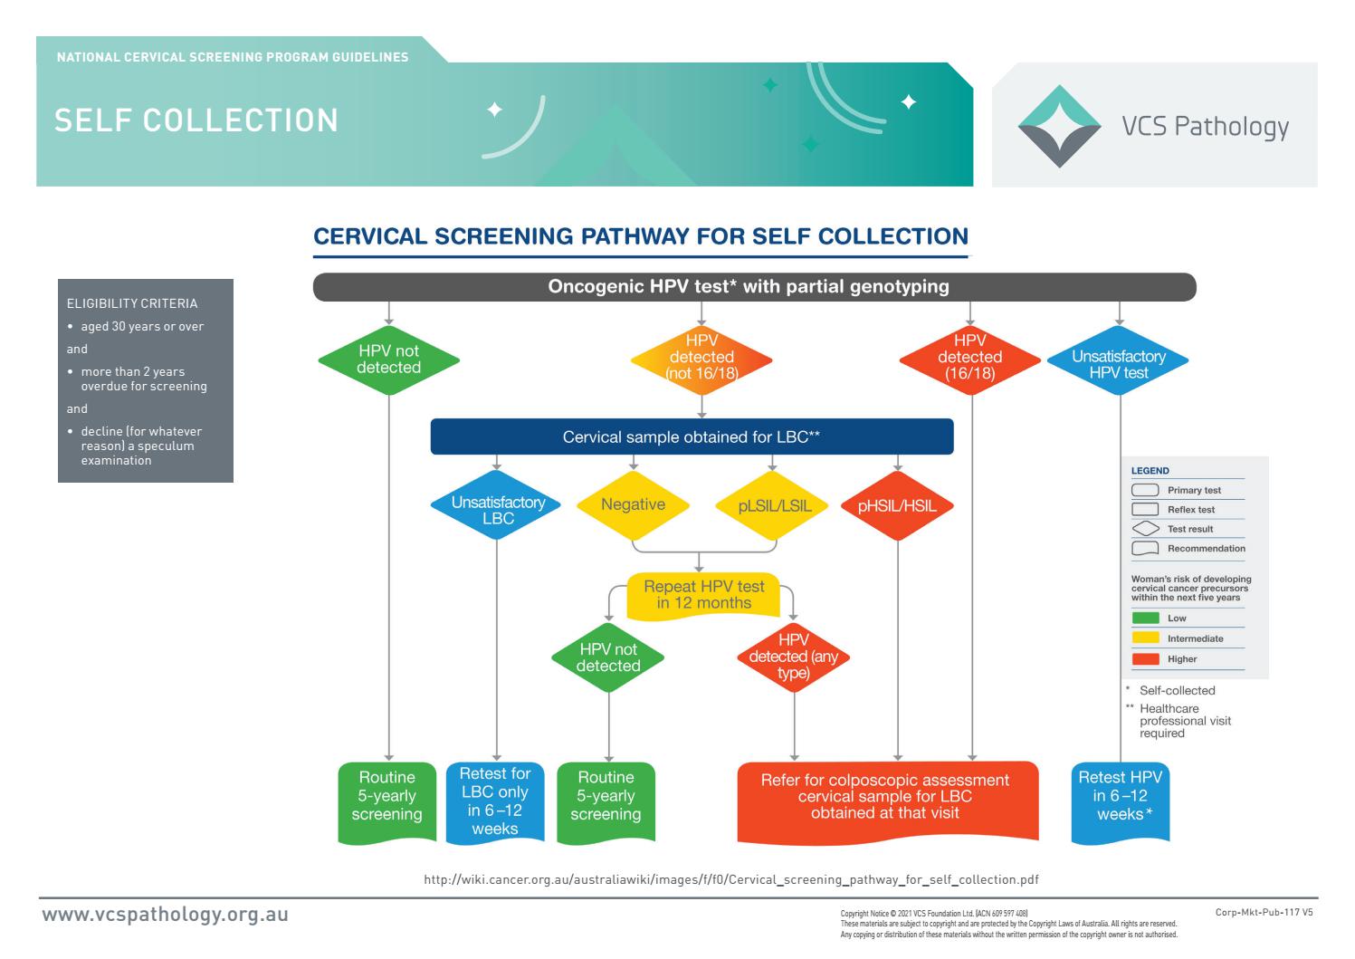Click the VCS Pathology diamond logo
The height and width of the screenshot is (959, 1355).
click(1060, 126)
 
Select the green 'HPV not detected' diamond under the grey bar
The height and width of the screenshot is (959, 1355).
click(388, 360)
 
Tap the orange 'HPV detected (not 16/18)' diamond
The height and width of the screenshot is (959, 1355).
click(701, 360)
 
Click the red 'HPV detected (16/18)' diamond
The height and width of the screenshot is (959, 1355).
click(969, 360)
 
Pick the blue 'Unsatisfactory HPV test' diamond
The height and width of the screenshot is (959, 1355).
click(1118, 360)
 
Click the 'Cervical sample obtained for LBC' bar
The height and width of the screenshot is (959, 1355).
click(692, 436)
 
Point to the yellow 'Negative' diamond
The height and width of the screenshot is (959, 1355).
click(633, 505)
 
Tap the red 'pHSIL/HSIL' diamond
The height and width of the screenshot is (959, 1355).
click(897, 506)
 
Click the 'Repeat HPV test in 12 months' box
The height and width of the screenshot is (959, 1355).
click(703, 596)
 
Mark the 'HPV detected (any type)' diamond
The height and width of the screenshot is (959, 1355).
click(794, 657)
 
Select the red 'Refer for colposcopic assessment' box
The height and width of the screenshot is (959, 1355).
click(885, 797)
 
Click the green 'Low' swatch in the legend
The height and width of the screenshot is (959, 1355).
click(1145, 618)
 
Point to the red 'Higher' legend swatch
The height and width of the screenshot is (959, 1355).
click(1145, 659)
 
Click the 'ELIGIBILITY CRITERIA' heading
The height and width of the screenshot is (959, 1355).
click(132, 303)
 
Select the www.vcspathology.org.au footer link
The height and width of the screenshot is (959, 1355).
click(166, 914)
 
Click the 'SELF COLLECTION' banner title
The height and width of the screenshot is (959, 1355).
click(196, 120)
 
